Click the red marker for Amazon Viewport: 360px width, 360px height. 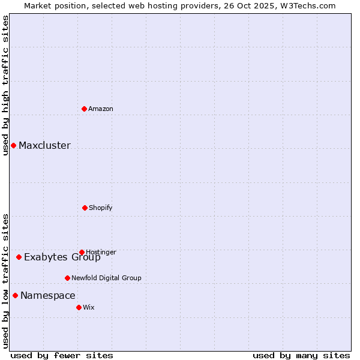point(85,109)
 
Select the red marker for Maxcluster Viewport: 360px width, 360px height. point(13,145)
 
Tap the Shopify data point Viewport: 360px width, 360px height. point(85,208)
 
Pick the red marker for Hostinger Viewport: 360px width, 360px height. point(82,252)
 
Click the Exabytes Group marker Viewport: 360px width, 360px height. point(19,257)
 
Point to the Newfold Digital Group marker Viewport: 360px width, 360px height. point(67,278)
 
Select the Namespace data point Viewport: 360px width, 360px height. point(15,295)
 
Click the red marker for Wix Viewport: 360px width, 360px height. point(79,307)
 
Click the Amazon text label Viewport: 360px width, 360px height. point(101,109)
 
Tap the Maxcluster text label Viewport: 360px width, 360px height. point(44,145)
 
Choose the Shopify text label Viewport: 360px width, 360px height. point(101,208)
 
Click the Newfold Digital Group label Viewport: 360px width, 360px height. point(106,278)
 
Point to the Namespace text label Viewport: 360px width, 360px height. point(48,295)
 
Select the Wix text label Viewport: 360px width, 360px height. point(89,307)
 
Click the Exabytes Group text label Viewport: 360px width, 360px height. point(62,257)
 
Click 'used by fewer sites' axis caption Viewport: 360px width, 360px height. point(62,355)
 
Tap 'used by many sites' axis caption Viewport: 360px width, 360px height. point(301,355)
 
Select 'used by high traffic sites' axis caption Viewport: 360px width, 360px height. point(5,85)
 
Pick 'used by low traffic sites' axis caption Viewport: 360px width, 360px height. point(5,281)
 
